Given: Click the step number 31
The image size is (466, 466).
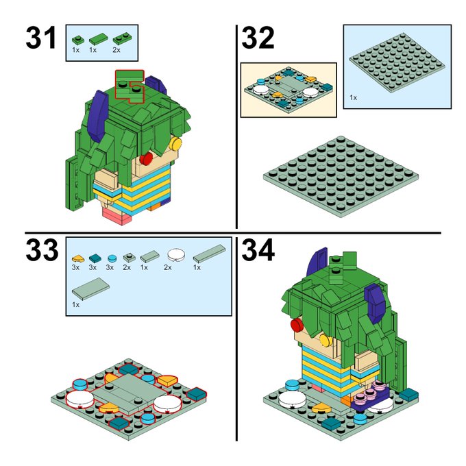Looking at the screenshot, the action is pos(40,38).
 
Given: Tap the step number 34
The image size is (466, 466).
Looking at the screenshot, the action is pos(258,250).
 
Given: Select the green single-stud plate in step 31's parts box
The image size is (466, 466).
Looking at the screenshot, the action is pos(78,40).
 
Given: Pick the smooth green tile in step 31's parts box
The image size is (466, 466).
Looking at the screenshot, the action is pos(98,39).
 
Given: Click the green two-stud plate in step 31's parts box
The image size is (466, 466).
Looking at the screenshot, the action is pos(123,39).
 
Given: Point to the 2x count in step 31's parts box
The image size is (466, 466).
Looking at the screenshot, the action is pos(116,50).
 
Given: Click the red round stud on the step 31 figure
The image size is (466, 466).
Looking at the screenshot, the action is pos(146,159).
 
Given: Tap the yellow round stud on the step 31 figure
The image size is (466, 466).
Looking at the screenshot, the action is pos(175,144).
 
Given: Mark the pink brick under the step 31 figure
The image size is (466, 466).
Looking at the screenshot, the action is pos(116,216).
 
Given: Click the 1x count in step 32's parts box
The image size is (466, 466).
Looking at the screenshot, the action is pos(353,97).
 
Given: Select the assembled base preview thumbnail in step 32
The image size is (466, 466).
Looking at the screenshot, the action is pos(289,90).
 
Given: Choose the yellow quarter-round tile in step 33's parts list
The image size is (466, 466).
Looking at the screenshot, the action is pos(78,258).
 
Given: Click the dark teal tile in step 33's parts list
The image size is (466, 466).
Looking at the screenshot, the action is pos(95,258).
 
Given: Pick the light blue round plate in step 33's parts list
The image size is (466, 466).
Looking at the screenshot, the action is pos(112,258).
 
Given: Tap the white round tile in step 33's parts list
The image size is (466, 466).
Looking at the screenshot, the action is pos(176,256).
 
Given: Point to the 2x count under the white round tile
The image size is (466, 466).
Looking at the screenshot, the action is pos(168,267).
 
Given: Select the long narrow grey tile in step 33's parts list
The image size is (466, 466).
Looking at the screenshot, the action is pos(209,254).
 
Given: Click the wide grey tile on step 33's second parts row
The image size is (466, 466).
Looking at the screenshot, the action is pos(90,289).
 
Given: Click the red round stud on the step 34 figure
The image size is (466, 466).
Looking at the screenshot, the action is pos(297,325).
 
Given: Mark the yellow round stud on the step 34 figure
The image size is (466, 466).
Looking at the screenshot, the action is pos(326,340).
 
